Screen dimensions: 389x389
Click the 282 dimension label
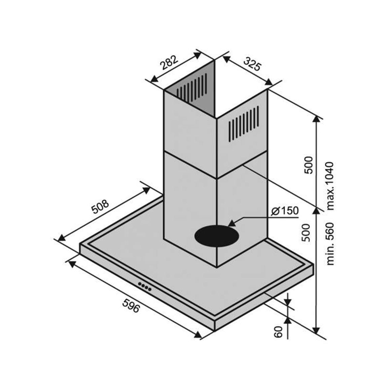[x=169, y=62]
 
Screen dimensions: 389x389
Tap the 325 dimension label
[x=252, y=64]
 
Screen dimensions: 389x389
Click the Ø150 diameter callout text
[x=285, y=211]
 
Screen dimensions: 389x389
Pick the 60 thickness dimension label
[x=278, y=332]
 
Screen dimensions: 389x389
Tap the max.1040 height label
[x=330, y=186]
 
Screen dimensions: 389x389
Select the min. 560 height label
[x=330, y=244]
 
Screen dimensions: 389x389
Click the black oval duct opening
[x=217, y=236]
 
